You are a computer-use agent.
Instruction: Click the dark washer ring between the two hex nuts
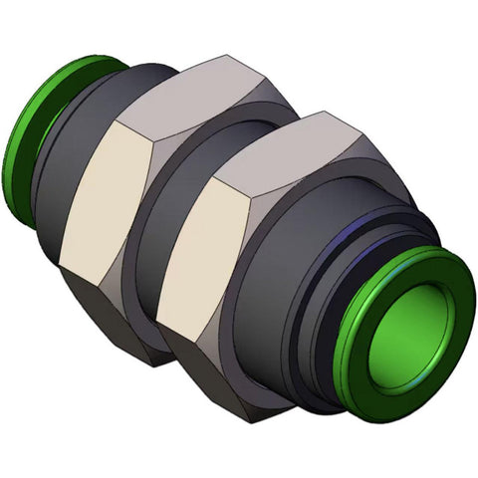tap(164, 249)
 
